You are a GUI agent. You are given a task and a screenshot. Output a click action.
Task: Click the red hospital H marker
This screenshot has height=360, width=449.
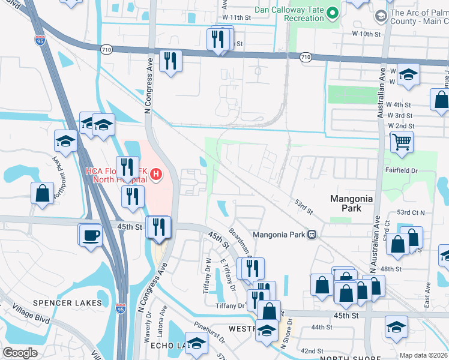(156, 175)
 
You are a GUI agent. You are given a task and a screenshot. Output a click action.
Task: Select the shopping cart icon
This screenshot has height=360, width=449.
(402, 142)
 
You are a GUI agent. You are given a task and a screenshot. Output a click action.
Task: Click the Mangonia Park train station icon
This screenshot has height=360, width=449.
(312, 234)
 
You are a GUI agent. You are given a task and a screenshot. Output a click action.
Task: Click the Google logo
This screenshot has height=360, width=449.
(20, 353)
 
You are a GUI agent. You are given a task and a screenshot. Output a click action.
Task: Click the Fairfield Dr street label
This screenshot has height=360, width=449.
(401, 170)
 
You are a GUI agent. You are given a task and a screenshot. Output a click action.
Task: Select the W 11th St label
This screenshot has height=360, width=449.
(235, 19)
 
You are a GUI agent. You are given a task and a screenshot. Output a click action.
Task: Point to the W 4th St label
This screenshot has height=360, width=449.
(402, 105)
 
